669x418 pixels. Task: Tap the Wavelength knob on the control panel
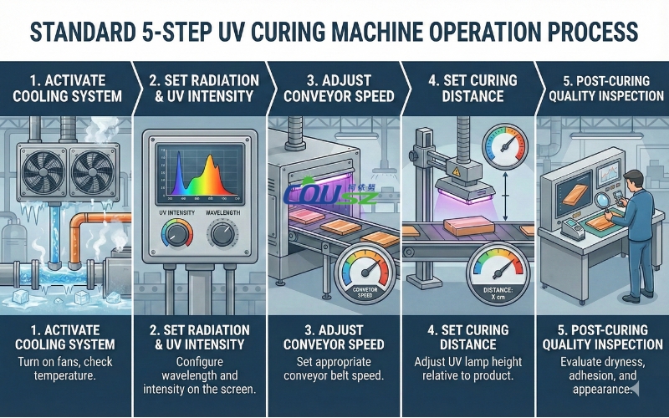click(x=222, y=235)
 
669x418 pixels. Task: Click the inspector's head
click(x=633, y=179)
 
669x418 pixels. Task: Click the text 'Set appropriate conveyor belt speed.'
click(x=334, y=370)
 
